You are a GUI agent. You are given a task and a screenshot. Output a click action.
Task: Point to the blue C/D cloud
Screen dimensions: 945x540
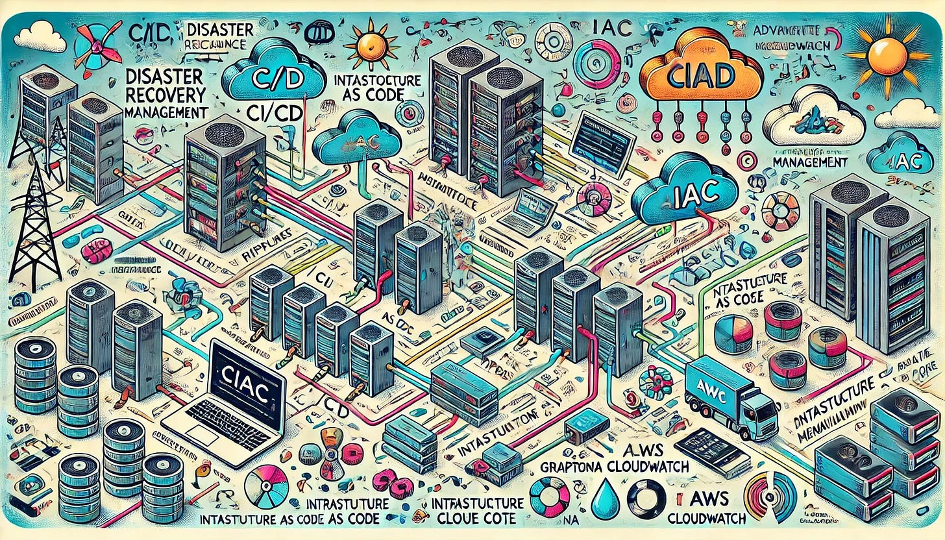272,77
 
